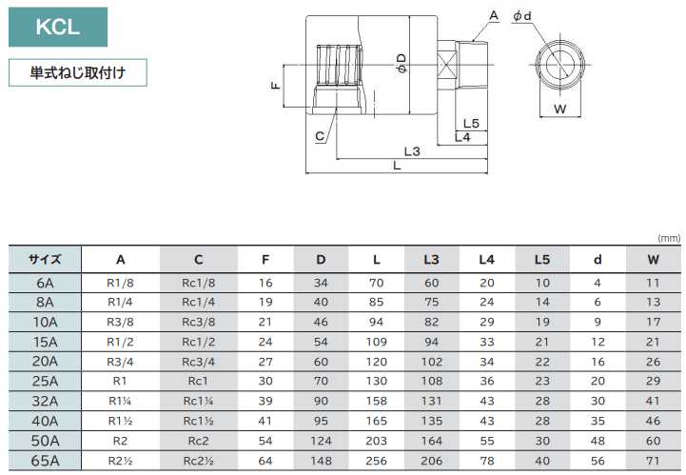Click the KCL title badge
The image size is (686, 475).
click(58, 27)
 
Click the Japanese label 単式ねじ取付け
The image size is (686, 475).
click(78, 72)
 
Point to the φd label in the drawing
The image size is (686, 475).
click(522, 16)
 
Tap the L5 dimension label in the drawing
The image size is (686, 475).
click(471, 124)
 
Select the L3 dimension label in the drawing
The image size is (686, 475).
click(412, 151)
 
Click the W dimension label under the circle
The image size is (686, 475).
click(560, 109)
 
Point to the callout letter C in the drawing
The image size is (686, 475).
click(320, 136)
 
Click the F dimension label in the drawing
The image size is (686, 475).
click(276, 86)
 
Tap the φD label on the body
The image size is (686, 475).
click(402, 63)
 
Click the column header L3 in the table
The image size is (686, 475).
click(431, 260)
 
